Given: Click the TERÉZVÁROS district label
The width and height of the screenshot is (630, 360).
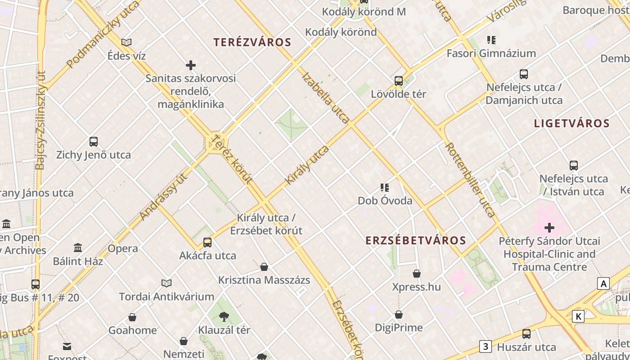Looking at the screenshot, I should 252,42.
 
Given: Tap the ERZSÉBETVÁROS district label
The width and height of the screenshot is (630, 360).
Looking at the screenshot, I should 416,240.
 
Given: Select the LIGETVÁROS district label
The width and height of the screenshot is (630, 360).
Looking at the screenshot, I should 571,123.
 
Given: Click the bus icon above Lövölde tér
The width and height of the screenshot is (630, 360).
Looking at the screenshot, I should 399,81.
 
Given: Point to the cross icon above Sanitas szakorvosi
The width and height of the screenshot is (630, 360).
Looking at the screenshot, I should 191,66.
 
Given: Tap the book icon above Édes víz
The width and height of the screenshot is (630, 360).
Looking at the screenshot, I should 126,42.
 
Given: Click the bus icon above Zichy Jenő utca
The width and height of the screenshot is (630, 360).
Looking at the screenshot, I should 94,142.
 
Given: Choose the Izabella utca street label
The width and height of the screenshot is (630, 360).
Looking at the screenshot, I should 326,98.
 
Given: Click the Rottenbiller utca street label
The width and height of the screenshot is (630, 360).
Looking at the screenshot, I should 470,180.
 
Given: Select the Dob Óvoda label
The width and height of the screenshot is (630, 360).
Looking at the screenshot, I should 385,200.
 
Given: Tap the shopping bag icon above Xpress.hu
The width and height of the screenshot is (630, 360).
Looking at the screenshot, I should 417,274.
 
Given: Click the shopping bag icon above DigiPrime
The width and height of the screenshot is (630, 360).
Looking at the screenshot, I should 399,315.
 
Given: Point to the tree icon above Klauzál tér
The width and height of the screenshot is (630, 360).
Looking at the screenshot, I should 224,317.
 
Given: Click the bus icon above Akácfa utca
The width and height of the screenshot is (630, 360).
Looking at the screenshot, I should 207,243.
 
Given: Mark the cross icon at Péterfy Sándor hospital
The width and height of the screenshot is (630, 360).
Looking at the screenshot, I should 549,228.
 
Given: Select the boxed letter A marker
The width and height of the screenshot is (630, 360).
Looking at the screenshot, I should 603,283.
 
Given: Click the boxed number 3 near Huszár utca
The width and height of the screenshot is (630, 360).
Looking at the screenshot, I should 485,346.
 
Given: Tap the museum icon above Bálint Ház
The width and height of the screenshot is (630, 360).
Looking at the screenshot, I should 78,248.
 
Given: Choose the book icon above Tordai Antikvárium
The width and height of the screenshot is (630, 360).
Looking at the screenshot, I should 166,283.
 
